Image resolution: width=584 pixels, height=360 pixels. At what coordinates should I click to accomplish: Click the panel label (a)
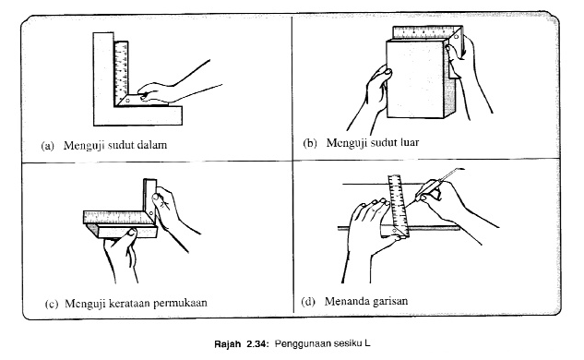[48, 145]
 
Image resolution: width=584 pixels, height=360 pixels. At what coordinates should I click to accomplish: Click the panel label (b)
[311, 144]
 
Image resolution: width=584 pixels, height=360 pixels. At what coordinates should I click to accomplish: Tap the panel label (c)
[48, 302]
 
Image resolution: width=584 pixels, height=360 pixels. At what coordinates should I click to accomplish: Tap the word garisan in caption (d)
[392, 302]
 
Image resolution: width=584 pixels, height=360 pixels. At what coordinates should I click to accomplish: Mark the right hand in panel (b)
[459, 57]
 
